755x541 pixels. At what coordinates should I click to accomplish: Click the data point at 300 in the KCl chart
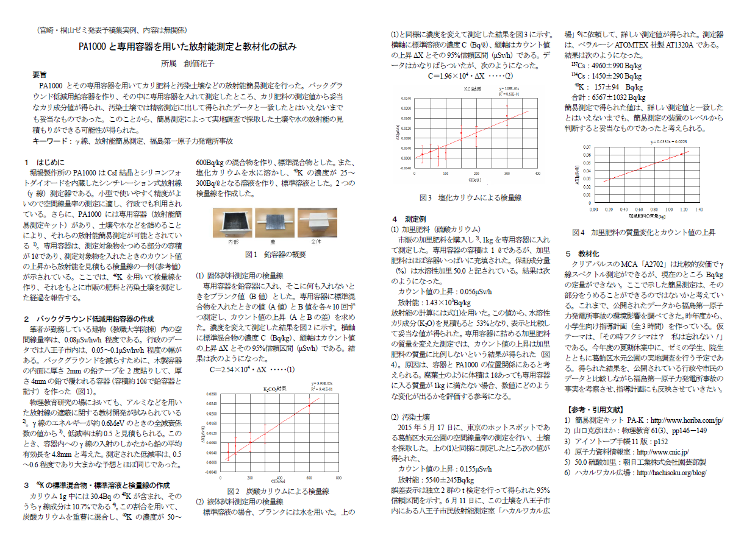(x=506, y=116)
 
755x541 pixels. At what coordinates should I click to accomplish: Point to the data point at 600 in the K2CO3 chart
(x=309, y=405)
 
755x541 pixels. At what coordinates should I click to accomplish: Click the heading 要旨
(x=40, y=74)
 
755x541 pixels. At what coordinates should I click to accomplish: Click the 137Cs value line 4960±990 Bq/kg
(x=606, y=65)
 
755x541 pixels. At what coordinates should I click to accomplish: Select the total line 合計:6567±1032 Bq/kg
(x=608, y=97)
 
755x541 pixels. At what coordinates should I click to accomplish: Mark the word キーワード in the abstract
(x=51, y=141)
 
